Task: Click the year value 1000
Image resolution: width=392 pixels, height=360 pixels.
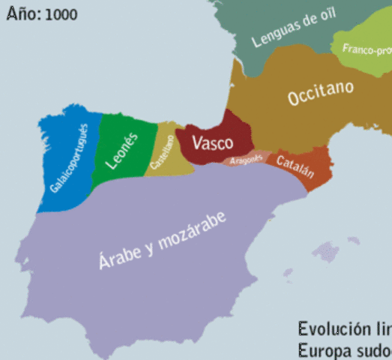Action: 61,15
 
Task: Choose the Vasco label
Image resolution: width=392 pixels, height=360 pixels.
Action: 212,142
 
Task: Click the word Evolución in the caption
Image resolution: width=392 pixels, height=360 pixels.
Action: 330,328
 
